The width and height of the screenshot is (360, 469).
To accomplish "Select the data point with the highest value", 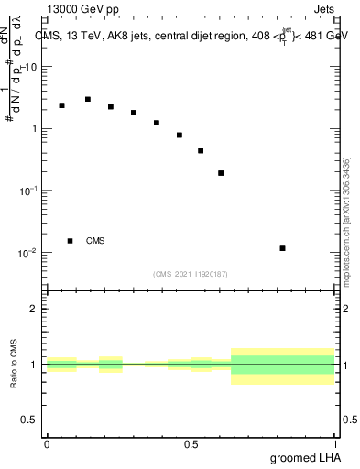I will click(88, 99).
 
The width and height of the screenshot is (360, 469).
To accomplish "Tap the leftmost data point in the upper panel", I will click(61, 105).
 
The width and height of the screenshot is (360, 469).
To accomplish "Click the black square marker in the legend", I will click(70, 241).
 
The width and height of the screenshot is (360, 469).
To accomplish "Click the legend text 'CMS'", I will click(95, 241).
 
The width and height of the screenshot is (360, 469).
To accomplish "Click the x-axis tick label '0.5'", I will click(191, 444).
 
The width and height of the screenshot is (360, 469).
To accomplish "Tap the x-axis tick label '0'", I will click(47, 444).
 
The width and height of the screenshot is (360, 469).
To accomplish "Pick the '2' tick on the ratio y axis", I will click(34, 309).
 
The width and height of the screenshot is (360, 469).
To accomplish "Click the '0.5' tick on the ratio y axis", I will click(29, 420).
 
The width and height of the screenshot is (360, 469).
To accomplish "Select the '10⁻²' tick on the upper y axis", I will click(28, 253).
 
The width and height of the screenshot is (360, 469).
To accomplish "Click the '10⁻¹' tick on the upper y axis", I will click(28, 191).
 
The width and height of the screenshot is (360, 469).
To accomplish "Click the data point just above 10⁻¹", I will click(222, 173).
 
